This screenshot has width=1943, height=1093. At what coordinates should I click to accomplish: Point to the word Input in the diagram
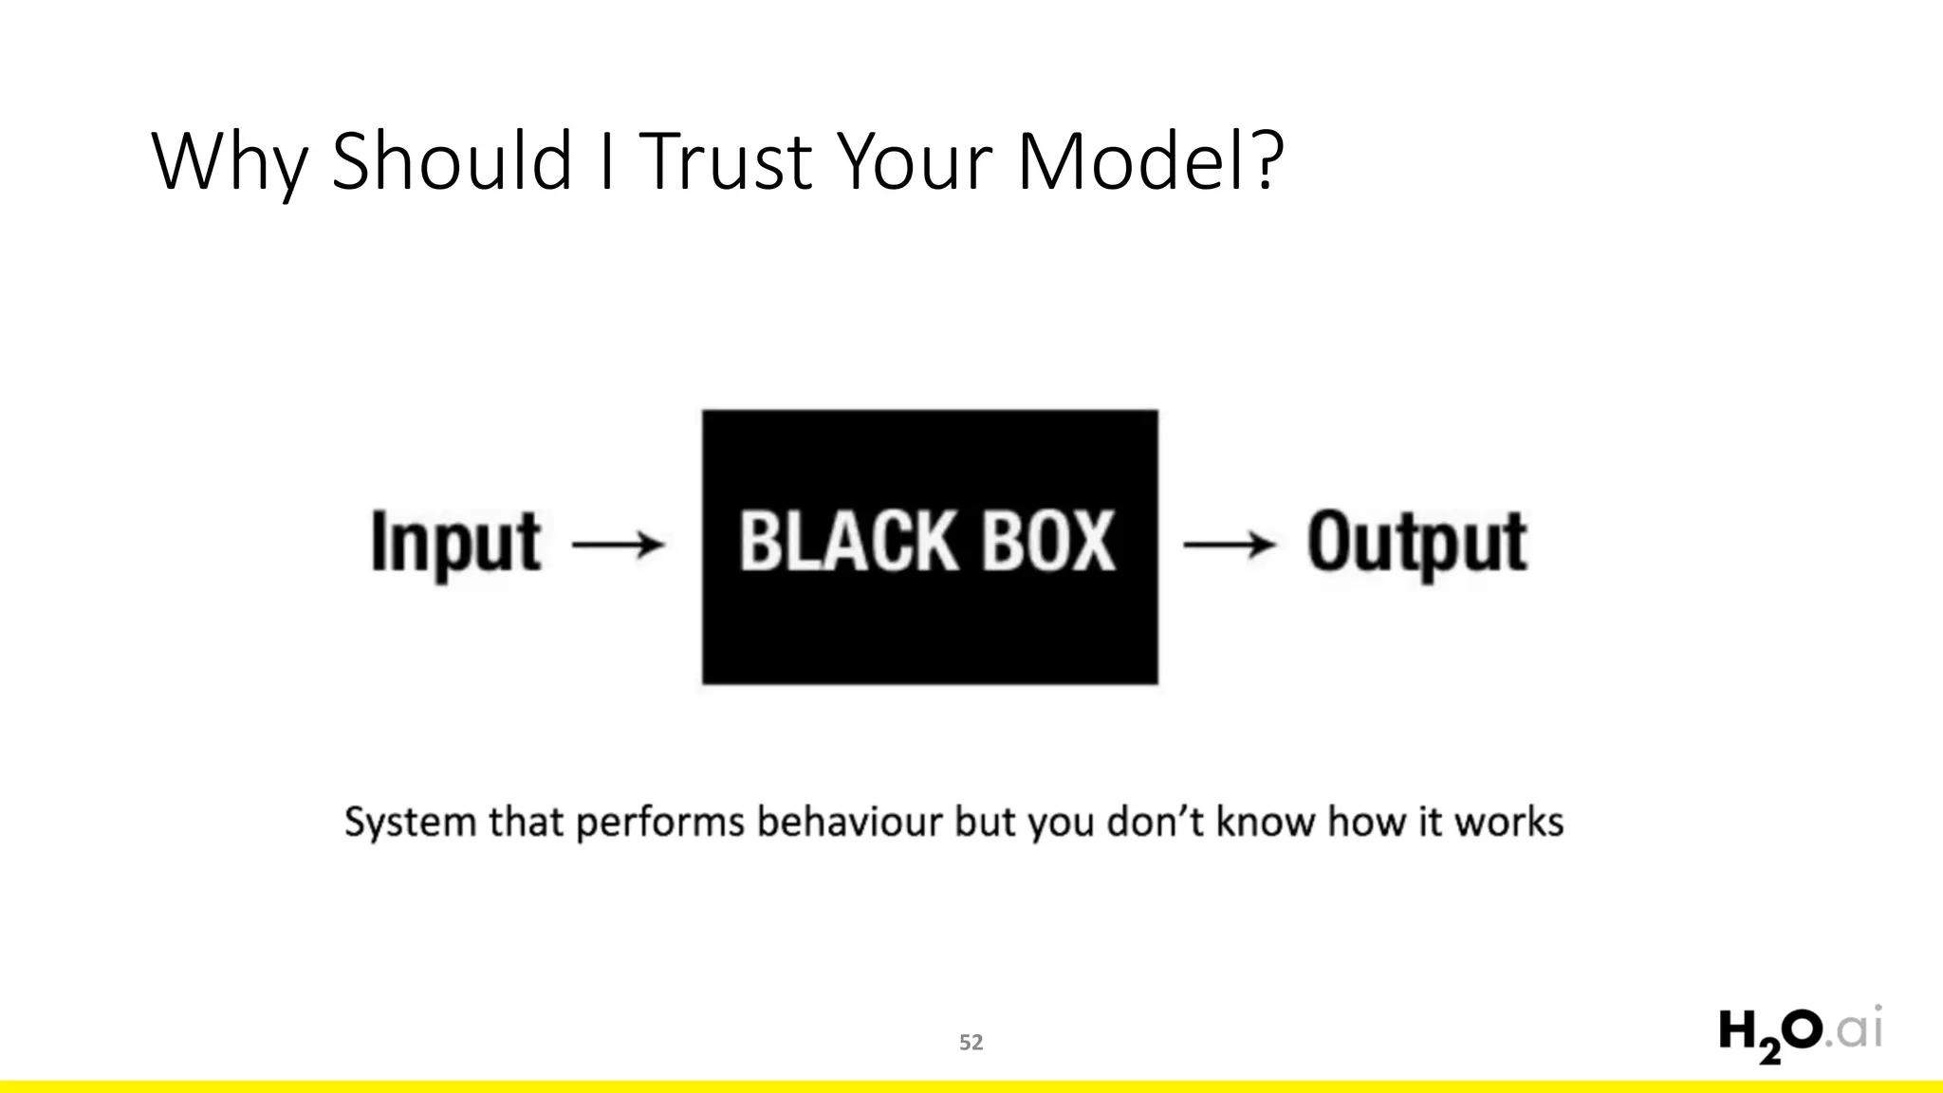[x=455, y=543]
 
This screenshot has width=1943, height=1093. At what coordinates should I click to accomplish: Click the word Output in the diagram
[x=1417, y=543]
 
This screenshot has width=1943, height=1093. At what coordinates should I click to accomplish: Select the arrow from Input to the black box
[x=619, y=545]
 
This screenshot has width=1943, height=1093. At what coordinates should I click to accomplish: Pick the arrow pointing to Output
[x=1230, y=545]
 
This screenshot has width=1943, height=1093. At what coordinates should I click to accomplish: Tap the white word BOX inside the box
[x=1048, y=542]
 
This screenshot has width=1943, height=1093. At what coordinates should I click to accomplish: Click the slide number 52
[x=971, y=1043]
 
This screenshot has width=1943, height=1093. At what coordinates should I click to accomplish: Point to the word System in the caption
[x=410, y=823]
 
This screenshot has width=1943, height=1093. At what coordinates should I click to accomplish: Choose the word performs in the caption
[x=660, y=823]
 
